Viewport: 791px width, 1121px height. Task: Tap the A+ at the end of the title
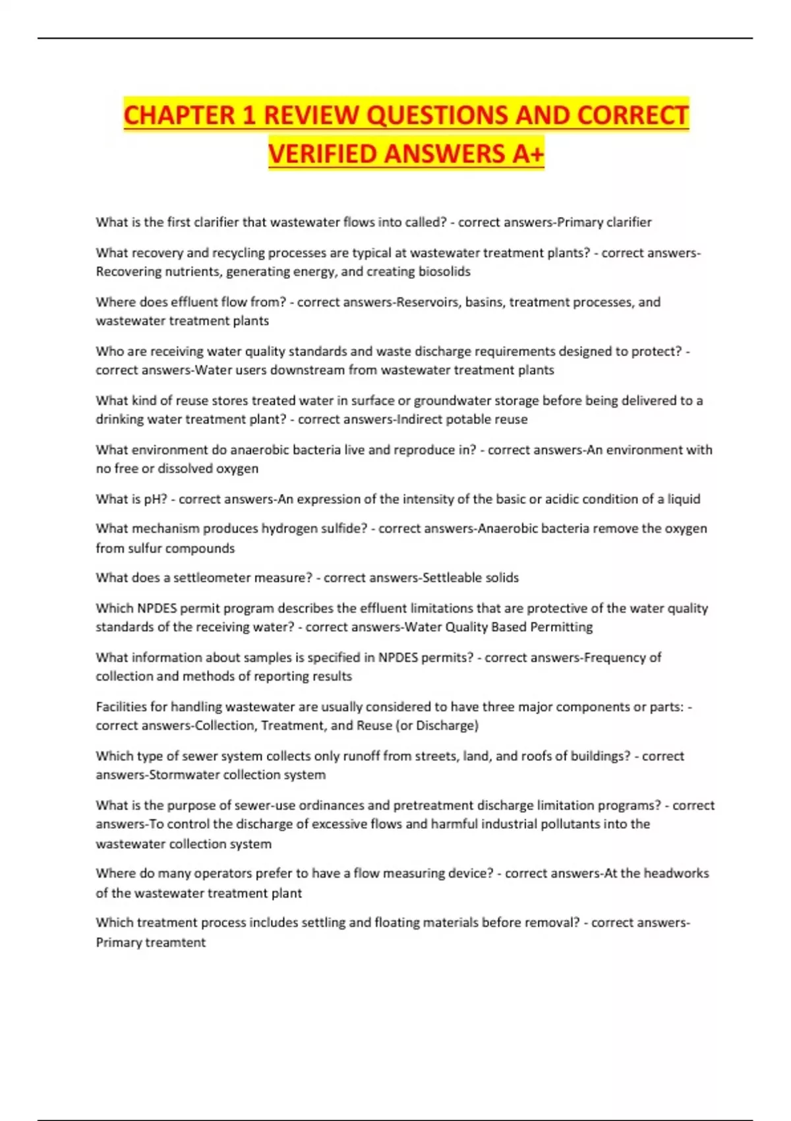[x=527, y=154]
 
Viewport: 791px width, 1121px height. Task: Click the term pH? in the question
[x=156, y=499]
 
